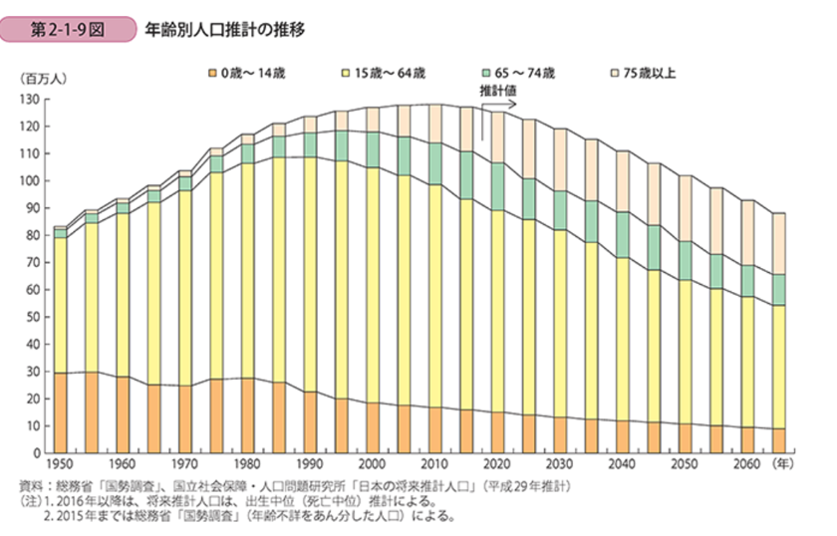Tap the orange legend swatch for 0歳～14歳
(x=213, y=73)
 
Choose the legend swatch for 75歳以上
(x=614, y=73)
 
